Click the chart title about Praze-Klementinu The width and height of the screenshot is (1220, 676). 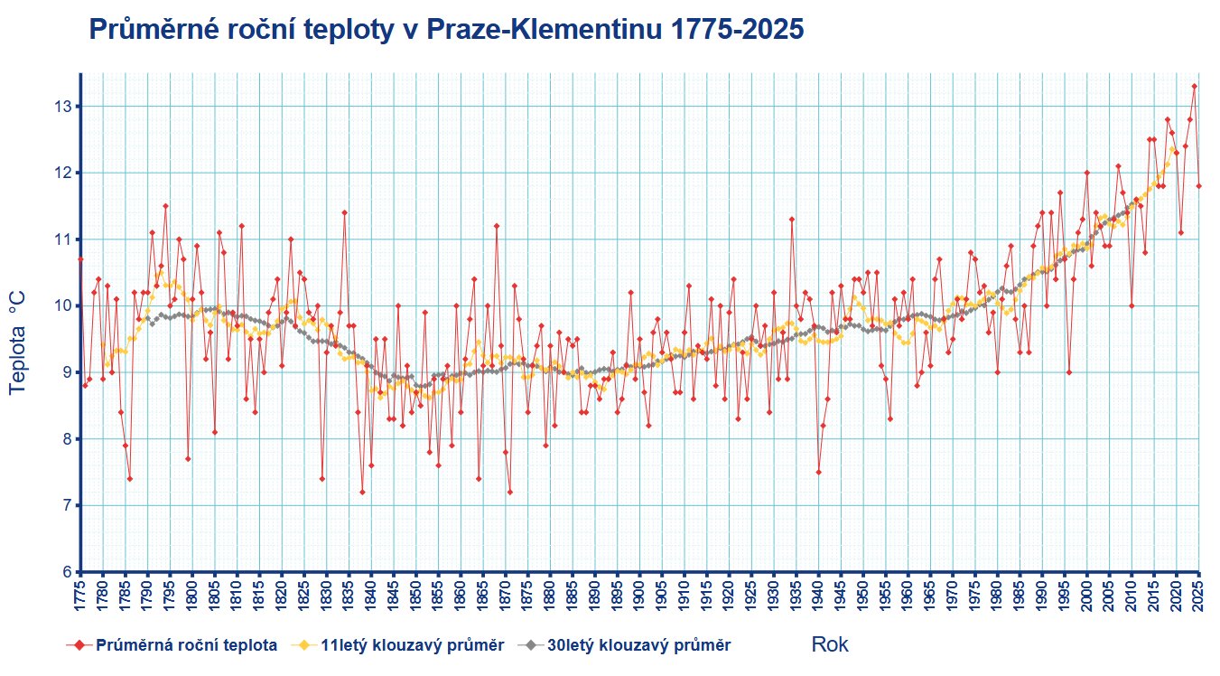[x=446, y=30]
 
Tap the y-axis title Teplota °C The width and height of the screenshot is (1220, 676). [x=17, y=342]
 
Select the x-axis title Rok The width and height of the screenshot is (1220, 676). [x=830, y=644]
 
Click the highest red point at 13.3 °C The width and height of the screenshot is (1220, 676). [x=1194, y=87]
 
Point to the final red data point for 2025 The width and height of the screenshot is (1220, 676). [x=1199, y=186]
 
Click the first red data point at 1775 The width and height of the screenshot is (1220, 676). [x=80, y=259]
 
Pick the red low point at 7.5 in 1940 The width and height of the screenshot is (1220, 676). [x=818, y=472]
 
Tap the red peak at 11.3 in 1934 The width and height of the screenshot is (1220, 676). [x=791, y=219]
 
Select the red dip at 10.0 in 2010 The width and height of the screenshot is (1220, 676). [x=1132, y=305]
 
